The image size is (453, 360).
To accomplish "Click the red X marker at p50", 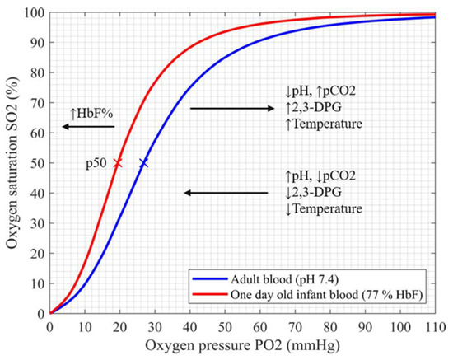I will [x=118, y=163].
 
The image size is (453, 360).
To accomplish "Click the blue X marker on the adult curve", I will [x=144, y=163].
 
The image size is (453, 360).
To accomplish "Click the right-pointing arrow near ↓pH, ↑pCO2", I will [x=231, y=108].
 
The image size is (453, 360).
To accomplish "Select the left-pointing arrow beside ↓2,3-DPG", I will [x=226, y=193].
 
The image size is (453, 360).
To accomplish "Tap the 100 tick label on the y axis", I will [x=35, y=13].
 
